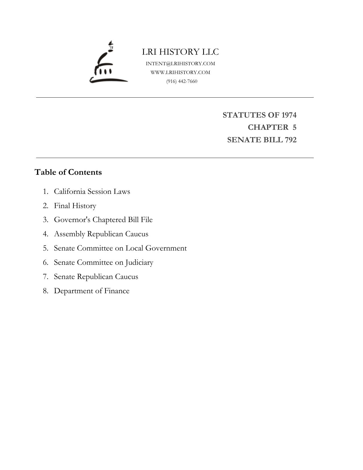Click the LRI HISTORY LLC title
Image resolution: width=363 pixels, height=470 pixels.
click(180, 52)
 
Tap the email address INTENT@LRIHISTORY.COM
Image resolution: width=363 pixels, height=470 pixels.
click(180, 63)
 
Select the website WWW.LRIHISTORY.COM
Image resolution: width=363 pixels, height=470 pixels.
click(180, 72)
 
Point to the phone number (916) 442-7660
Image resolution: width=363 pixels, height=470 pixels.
click(182, 81)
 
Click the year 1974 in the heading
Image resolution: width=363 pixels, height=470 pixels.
click(289, 115)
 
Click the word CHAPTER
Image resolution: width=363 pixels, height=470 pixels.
click(268, 127)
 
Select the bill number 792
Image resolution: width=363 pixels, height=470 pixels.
click(290, 140)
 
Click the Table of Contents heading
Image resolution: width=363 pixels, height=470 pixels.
click(68, 172)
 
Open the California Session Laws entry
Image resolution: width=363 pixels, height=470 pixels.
click(92, 191)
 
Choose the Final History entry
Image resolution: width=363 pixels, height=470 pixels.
click(75, 206)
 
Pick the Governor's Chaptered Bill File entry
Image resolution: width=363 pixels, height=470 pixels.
click(103, 220)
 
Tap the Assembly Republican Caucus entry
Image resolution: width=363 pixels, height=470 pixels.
click(101, 234)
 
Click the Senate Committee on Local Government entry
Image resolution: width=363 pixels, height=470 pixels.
click(120, 248)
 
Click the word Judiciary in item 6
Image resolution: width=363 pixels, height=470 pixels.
click(139, 262)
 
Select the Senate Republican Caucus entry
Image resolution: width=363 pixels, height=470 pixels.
click(96, 277)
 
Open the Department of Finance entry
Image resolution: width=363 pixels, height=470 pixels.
click(92, 291)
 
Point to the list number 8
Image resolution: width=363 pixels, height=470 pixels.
click(46, 291)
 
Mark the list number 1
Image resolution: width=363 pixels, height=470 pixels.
click(46, 191)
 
